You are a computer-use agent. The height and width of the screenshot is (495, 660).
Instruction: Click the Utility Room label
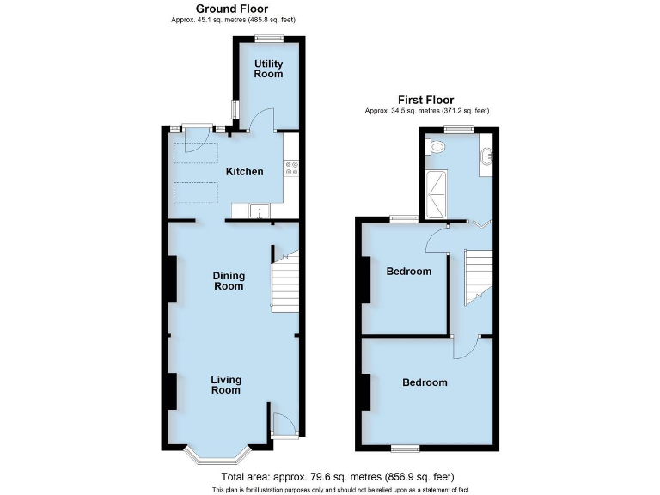coord(268,69)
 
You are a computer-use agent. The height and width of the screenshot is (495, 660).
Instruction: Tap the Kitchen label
coord(244,172)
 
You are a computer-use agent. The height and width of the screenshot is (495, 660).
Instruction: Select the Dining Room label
coord(229,281)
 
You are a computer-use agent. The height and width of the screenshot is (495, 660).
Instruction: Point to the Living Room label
coord(226,385)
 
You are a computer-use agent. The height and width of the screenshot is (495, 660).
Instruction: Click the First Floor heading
coord(425,100)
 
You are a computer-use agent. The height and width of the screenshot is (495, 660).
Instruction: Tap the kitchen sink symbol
coord(258,210)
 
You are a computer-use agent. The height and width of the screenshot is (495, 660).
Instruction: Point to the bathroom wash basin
coord(487,157)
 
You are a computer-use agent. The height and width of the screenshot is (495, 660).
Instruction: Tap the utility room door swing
coord(263,120)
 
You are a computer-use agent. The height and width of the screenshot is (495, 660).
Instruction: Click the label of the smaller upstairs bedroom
coord(408,272)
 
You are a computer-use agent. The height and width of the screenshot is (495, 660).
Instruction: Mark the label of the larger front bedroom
coord(425,382)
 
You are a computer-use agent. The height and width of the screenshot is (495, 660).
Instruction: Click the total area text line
coord(338,477)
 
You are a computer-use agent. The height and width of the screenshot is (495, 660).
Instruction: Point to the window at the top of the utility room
coord(269,36)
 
